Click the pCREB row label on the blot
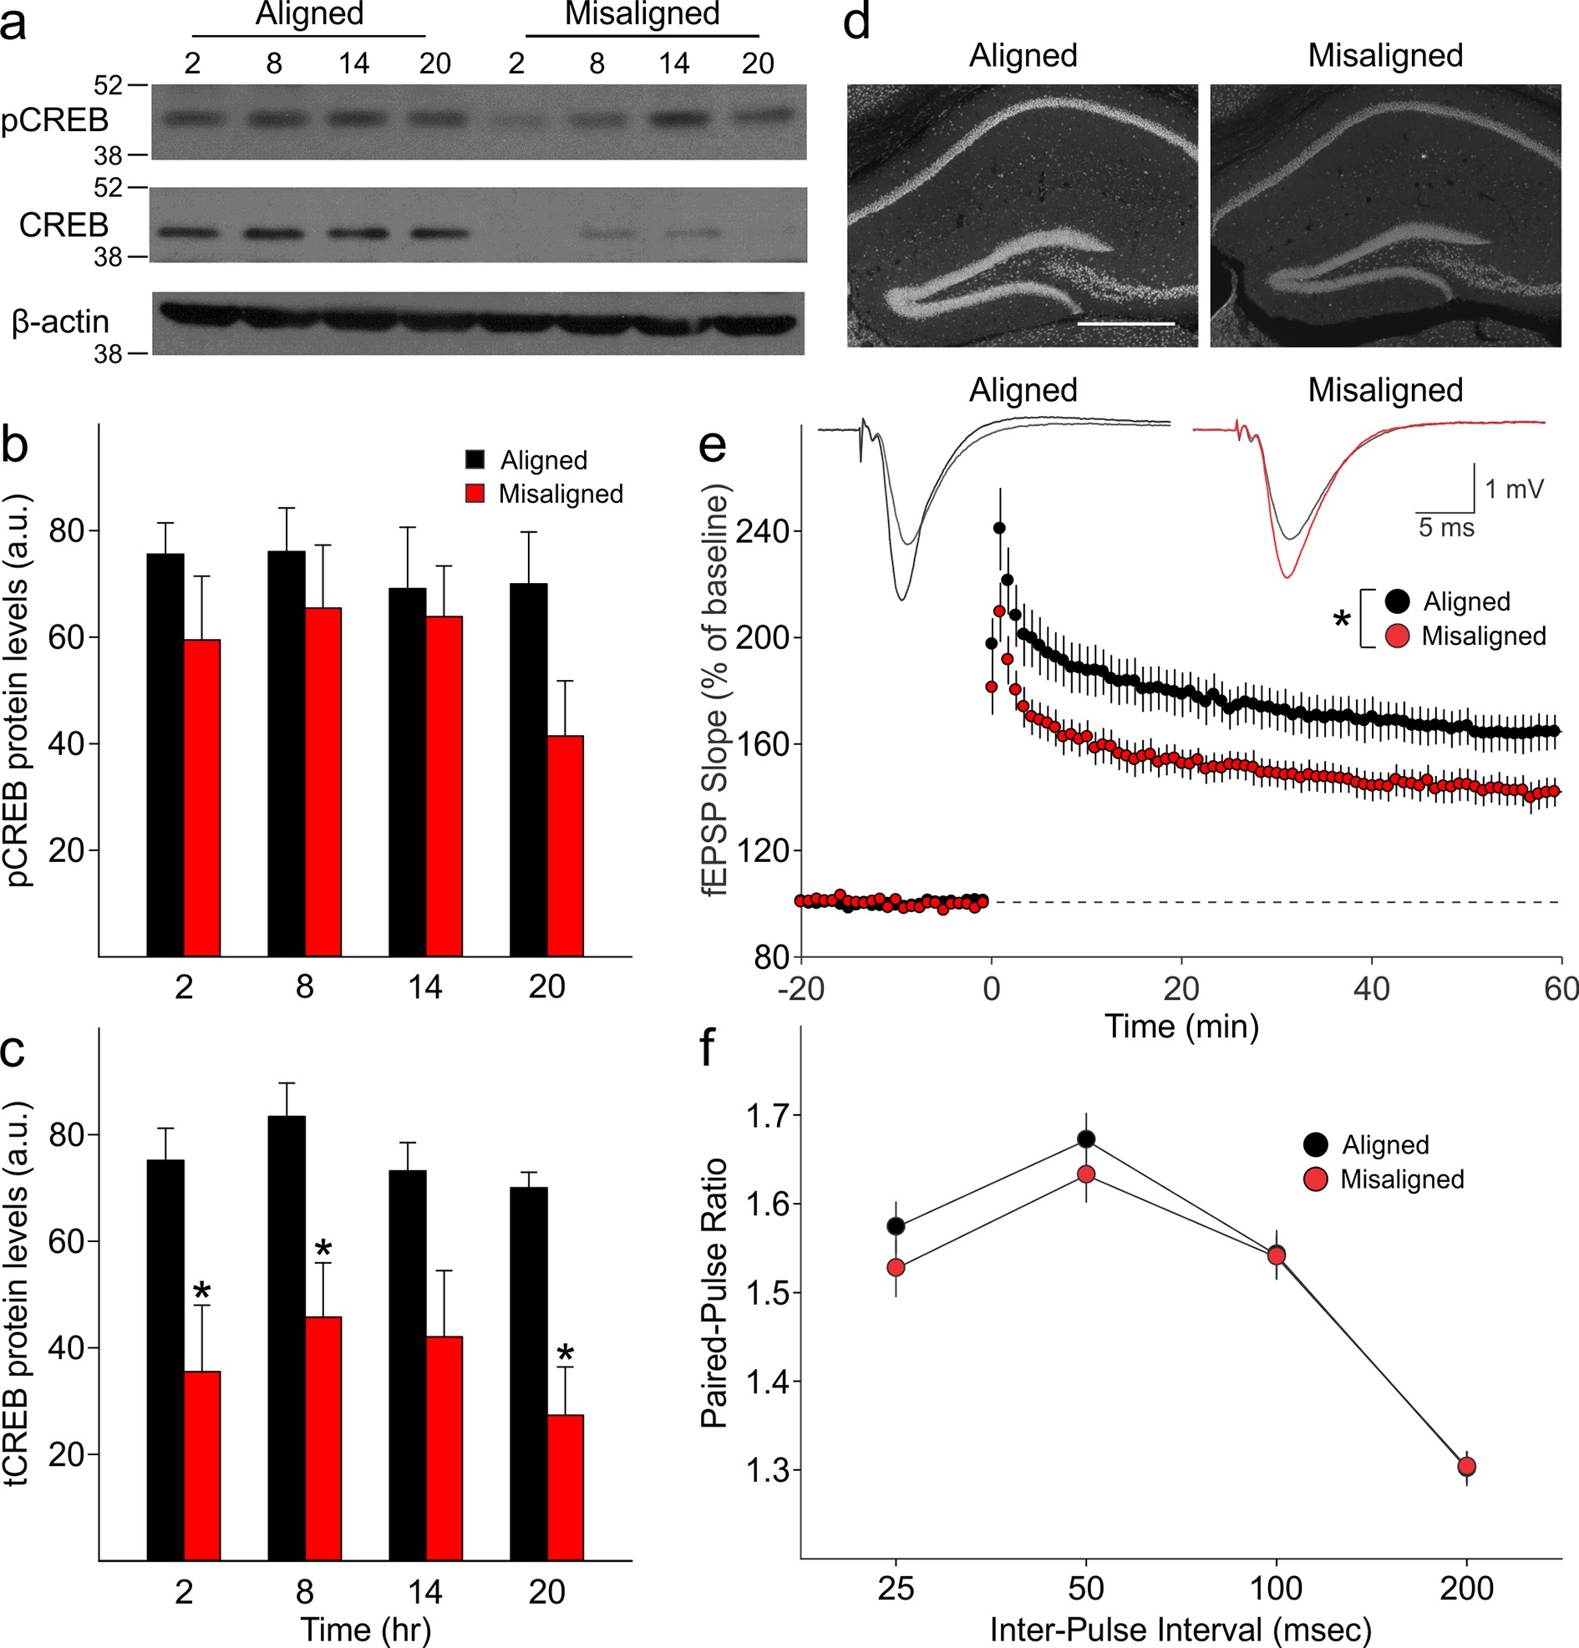[x=54, y=120]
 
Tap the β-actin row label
[x=60, y=322]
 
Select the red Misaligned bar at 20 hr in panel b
[x=565, y=845]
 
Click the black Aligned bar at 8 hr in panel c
[x=286, y=1337]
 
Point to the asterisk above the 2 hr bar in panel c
[x=202, y=1291]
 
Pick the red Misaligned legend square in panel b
[x=475, y=494]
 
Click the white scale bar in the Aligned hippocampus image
[x=1125, y=323]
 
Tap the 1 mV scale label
[x=1515, y=489]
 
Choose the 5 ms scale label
[x=1446, y=528]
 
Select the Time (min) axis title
[x=1181, y=1027]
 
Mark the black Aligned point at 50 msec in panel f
[x=1086, y=1139]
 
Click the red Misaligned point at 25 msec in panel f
[x=896, y=1267]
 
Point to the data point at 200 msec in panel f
[x=1467, y=1467]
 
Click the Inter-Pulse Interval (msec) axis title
[x=1180, y=1630]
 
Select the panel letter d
[x=856, y=23]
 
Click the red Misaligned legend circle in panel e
[x=1397, y=636]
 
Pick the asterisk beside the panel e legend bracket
[x=1342, y=621]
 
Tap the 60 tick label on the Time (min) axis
[x=1561, y=989]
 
